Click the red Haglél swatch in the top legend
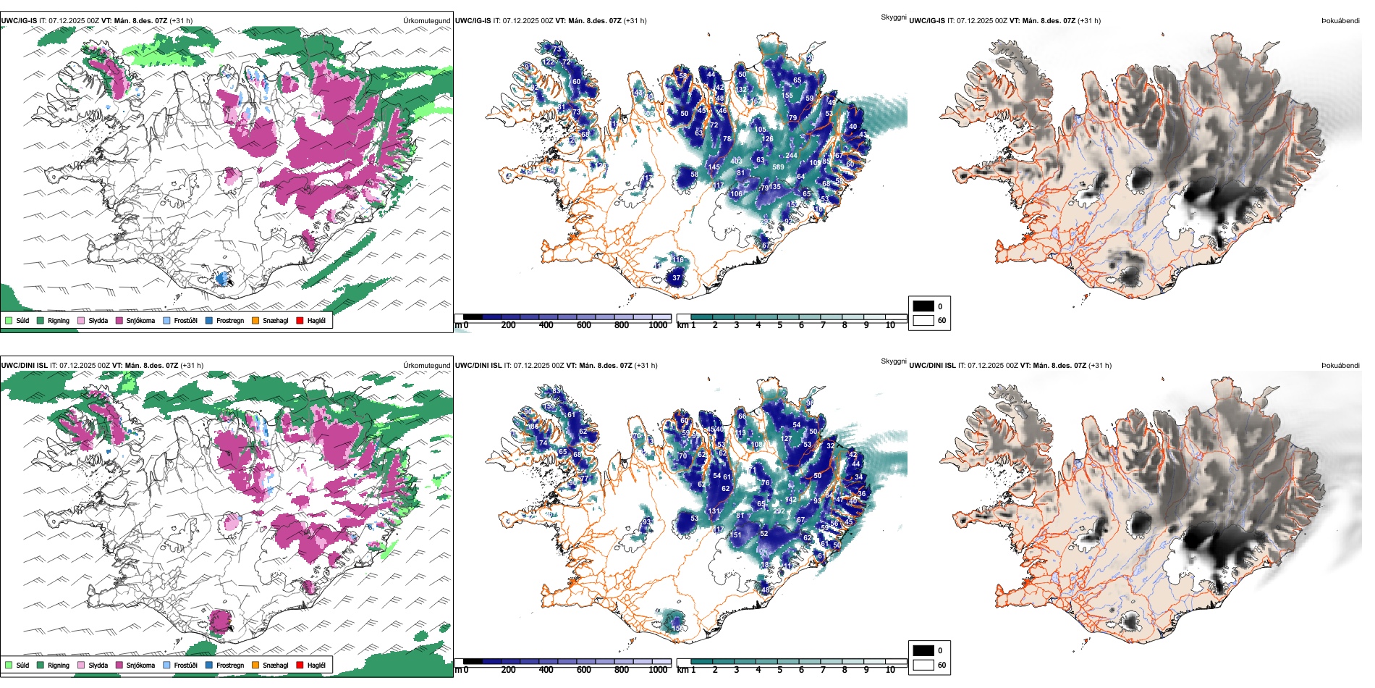300,320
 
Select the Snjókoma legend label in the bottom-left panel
140,665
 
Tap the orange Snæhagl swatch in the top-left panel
255,320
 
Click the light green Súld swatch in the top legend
9,320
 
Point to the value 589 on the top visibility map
778,167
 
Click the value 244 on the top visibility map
791,156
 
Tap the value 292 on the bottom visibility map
779,511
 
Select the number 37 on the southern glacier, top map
676,277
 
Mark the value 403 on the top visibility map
736,161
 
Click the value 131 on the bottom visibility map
714,511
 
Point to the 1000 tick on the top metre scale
658,325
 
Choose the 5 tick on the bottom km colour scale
779,670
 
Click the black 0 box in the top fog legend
923,306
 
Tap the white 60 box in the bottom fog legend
923,665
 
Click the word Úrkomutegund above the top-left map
426,21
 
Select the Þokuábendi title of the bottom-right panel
1340,366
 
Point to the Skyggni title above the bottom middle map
893,361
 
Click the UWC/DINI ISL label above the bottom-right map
932,366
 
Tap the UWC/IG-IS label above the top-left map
19,21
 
